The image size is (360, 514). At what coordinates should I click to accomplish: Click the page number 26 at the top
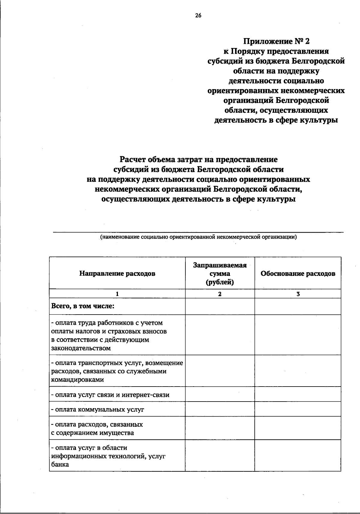coord(198,16)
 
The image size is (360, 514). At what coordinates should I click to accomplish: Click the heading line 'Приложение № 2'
coord(276,41)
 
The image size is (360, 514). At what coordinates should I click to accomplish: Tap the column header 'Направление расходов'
coord(117,273)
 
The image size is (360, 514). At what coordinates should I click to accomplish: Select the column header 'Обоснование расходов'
coord(298,273)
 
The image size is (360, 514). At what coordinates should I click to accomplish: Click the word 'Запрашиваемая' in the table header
coord(220,265)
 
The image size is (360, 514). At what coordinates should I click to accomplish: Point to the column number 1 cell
coord(117,294)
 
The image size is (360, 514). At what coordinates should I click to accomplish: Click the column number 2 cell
coord(220,294)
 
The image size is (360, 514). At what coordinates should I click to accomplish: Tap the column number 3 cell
coord(298,294)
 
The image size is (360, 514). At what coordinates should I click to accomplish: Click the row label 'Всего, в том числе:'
coord(83,306)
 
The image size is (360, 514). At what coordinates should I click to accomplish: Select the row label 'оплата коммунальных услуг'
coord(97,409)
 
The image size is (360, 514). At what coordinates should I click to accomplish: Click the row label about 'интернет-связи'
coord(110,395)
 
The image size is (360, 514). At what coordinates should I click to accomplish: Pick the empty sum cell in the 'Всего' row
coord(220,306)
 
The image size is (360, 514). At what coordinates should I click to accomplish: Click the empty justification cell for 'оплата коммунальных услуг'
coord(298,409)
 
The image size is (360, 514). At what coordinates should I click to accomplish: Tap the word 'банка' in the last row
coord(60,465)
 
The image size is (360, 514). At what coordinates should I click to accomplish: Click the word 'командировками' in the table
coord(77,380)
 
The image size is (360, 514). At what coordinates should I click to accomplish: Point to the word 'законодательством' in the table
coord(81,348)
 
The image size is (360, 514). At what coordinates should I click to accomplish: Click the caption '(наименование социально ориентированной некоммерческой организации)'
coord(198,237)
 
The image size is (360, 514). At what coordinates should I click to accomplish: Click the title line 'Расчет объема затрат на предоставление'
coord(198,159)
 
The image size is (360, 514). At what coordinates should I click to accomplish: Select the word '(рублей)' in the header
coord(220,282)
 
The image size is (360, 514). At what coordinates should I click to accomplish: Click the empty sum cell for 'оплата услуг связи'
coord(220,394)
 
